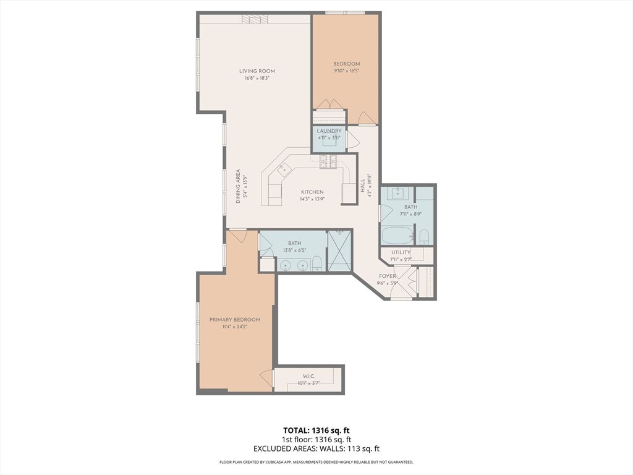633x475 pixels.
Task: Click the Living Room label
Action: tap(257, 71)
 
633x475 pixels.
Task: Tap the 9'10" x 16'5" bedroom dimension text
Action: tap(346, 71)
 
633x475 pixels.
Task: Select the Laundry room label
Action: tap(329, 131)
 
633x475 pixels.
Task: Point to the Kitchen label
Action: tap(312, 192)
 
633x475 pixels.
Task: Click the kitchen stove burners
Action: tap(328, 162)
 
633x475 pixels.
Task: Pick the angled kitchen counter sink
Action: tap(283, 169)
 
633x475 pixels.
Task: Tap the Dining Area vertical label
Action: tap(238, 186)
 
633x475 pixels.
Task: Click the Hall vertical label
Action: tap(362, 186)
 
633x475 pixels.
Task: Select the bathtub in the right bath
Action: tap(397, 236)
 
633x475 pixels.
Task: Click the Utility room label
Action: tap(401, 252)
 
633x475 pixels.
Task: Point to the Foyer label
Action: tap(387, 276)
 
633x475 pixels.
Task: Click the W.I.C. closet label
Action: tap(308, 377)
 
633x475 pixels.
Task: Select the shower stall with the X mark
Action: tap(339, 250)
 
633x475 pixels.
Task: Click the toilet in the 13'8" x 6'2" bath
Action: tap(316, 263)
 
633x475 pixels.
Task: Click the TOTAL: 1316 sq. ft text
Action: tap(316, 430)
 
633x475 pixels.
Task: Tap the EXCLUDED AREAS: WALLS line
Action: tap(316, 448)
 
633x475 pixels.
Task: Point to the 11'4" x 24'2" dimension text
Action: tap(234, 327)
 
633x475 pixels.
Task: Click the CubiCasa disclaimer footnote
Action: tap(316, 462)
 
